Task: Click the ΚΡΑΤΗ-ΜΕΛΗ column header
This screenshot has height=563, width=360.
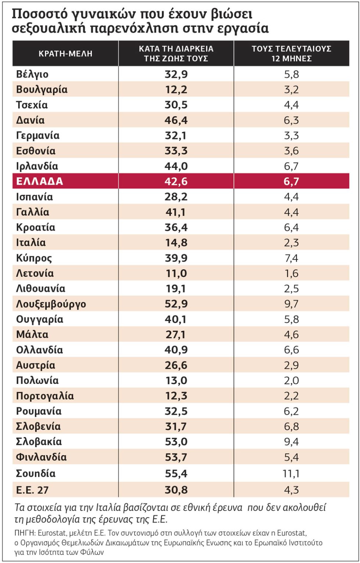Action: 65,54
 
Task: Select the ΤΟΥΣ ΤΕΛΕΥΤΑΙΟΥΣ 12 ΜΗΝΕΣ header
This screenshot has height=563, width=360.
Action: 291,54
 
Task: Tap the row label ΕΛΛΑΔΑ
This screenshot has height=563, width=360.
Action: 39,181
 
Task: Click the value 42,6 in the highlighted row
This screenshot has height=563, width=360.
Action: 176,181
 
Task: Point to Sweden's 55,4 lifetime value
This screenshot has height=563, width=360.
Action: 176,473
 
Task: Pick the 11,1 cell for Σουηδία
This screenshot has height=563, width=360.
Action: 291,473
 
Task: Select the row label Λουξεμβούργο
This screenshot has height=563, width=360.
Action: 51,304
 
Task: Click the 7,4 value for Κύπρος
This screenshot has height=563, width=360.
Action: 291,258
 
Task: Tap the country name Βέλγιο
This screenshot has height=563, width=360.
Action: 32,75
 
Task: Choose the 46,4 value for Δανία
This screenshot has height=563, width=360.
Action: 176,120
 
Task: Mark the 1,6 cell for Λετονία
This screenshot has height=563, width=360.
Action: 291,273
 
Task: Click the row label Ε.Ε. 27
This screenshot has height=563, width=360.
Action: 32,490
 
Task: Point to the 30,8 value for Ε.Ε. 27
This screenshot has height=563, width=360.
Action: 176,490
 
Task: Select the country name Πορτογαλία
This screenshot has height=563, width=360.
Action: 45,396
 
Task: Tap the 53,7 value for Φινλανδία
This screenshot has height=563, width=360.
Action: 176,457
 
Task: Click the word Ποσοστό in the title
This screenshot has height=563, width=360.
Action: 39,14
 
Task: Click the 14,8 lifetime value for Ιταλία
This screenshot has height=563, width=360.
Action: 176,242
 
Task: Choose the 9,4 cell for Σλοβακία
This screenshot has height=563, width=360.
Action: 291,441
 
